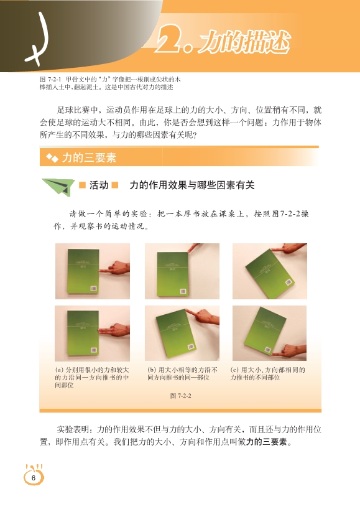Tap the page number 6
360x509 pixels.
[x=33, y=478]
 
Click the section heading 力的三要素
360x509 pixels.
[x=89, y=158]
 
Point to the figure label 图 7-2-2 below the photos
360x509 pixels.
[x=181, y=396]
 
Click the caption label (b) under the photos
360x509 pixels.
[x=152, y=370]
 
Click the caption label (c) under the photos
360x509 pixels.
[x=234, y=370]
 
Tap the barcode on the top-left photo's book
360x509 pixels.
[x=93, y=289]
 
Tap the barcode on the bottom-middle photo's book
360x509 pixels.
[x=192, y=347]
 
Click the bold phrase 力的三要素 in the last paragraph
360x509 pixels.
[x=267, y=442]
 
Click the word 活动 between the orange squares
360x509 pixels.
[x=99, y=185]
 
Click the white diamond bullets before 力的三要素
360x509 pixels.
[x=52, y=158]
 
